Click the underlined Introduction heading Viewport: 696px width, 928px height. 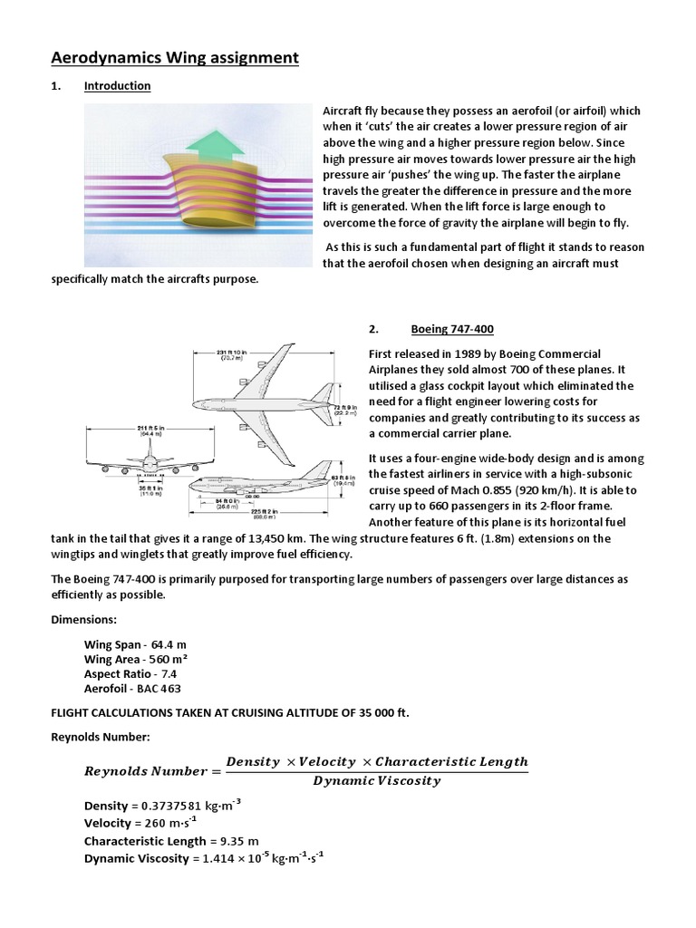[x=117, y=86]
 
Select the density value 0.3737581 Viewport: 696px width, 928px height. [x=176, y=806]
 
